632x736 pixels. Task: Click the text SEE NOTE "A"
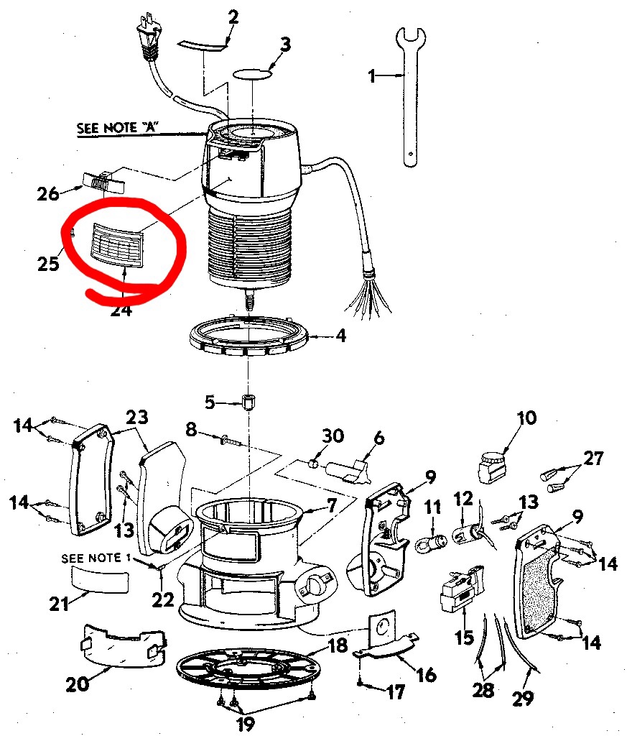(x=118, y=129)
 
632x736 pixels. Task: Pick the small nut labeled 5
(x=249, y=401)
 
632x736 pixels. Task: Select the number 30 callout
(x=333, y=436)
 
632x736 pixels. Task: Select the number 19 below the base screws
(x=246, y=723)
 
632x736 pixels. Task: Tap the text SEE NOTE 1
(x=96, y=558)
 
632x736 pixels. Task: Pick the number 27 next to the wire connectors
(x=594, y=458)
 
